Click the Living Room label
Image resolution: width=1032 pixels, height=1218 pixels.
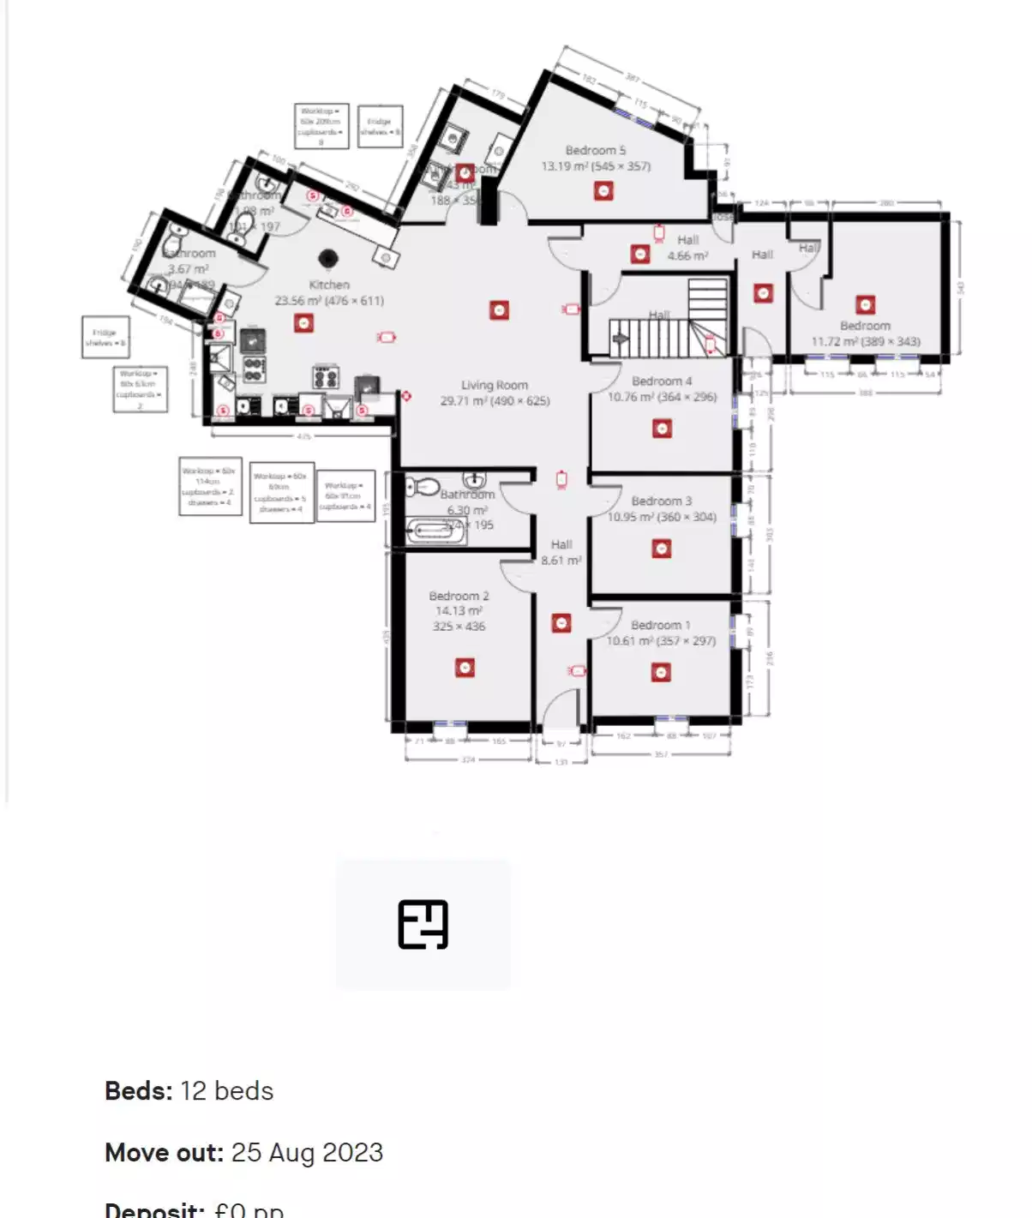point(495,386)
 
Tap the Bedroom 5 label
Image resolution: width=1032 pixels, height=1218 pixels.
point(596,151)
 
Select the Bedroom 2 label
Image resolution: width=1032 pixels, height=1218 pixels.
point(459,596)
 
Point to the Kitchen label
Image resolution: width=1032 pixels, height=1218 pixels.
point(329,285)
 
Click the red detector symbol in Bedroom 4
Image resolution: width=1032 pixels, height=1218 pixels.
point(661,429)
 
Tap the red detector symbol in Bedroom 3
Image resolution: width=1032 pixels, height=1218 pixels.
point(661,549)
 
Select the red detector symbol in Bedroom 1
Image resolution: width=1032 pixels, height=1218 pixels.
point(661,673)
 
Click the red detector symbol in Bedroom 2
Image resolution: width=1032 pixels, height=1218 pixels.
point(465,667)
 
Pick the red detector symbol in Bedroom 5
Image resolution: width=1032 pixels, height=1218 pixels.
point(603,190)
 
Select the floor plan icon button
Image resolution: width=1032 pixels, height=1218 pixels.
point(423,925)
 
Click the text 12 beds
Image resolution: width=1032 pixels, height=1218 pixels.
point(227,1091)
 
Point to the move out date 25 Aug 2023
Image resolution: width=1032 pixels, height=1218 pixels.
point(307,1153)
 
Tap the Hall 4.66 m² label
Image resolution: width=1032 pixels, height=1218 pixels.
point(688,248)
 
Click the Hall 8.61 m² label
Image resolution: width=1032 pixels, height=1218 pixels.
point(561,552)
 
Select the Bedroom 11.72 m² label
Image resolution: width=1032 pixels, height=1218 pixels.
point(866,333)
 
